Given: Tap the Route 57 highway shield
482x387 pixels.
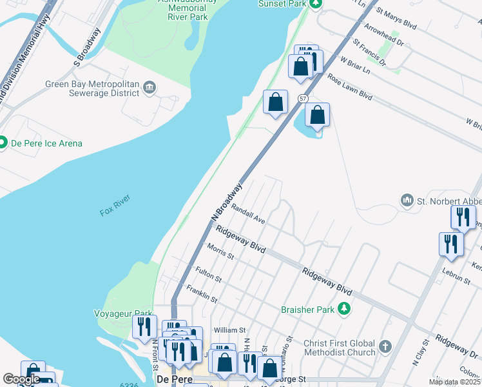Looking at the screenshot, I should coord(303,97).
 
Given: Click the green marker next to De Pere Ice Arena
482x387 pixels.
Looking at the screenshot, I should coord(2,143).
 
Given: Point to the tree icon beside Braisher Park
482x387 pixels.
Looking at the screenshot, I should coord(345,309).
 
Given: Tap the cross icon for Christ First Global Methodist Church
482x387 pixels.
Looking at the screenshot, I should coord(385,346).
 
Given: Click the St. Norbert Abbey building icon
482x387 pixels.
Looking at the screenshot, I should coord(407,201).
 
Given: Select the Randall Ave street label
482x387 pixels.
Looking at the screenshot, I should coord(249,214).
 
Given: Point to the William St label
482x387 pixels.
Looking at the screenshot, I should coord(230,330).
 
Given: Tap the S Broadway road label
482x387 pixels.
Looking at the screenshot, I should coord(88,46).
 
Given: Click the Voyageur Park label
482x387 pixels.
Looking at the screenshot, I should coord(131,313).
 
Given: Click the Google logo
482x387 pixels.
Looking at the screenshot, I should coord(21,379).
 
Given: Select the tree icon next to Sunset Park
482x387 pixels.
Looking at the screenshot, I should coord(314,4).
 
